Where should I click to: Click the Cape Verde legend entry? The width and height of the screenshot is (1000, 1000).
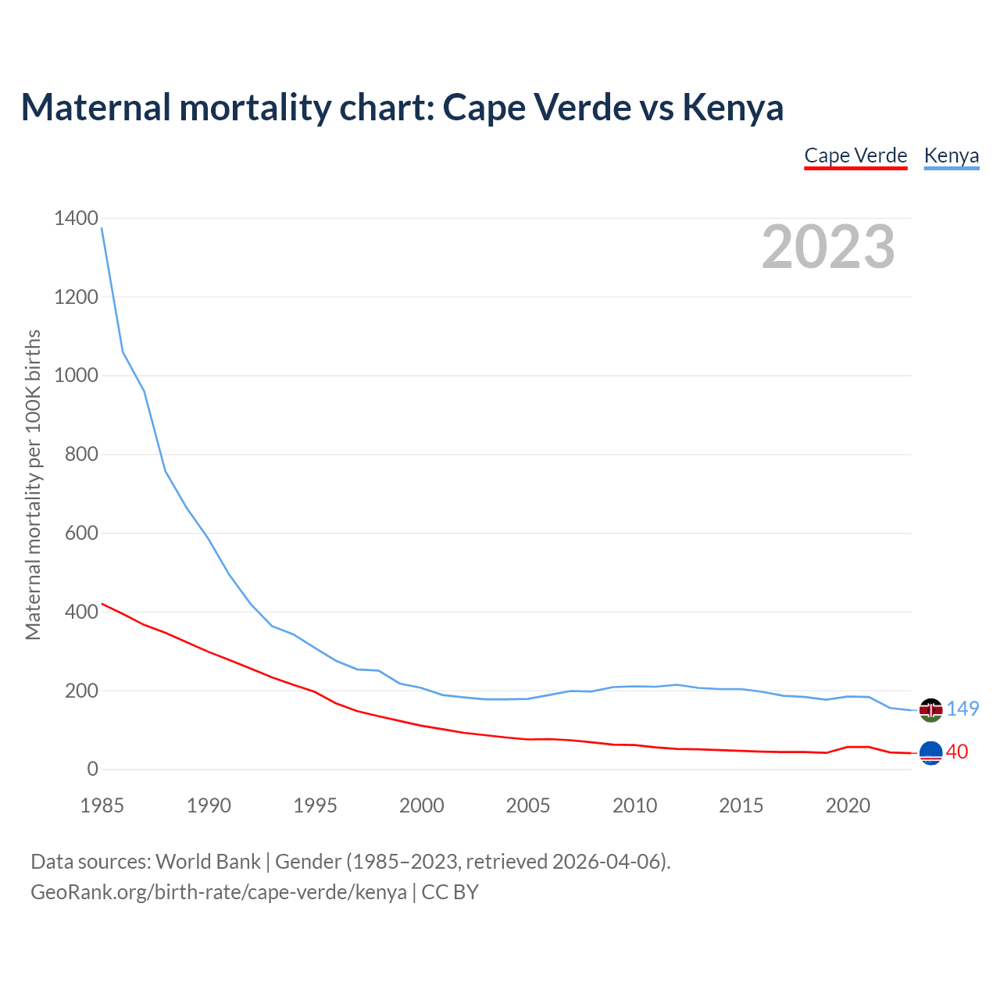coord(855,155)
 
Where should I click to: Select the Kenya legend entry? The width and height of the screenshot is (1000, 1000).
coord(951,155)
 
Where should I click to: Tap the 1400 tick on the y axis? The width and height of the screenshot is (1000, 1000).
coord(76,219)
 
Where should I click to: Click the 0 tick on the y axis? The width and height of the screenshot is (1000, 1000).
coord(93,770)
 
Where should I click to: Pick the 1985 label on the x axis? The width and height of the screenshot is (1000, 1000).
coord(102,805)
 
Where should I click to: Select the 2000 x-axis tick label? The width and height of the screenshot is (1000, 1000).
coord(422,805)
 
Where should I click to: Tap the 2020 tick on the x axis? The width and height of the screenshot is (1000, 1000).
coord(848,805)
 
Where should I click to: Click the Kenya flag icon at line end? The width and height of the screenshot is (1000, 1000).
coord(930,709)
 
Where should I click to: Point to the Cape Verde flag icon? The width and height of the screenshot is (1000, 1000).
coord(930,752)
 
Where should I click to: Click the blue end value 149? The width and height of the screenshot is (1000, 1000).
coord(962,709)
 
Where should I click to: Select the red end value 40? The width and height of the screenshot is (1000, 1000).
coord(957,752)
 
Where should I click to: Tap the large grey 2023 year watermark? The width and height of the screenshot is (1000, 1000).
coord(828,247)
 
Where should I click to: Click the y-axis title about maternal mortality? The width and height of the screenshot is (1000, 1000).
coord(33,484)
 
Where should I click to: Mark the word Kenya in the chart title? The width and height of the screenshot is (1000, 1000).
coord(733,107)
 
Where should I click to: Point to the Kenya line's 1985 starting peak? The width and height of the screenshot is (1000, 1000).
coord(102,228)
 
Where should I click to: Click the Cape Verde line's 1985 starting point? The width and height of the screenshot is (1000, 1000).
coord(102,604)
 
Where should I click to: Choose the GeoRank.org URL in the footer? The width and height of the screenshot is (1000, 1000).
coord(219,892)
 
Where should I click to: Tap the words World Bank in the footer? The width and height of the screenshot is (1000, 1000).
coord(208,862)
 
